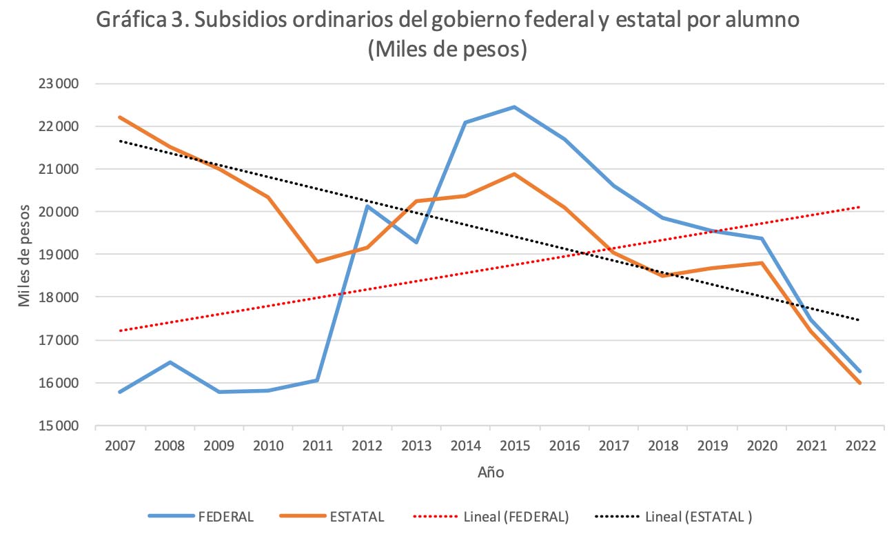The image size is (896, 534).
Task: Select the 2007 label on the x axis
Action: coord(121,446)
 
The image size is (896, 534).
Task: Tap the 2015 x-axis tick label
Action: coord(514,446)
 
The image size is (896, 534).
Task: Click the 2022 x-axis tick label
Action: coord(859,446)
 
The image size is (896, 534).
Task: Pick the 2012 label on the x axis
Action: coord(367,446)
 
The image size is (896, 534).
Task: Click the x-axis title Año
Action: coord(491,473)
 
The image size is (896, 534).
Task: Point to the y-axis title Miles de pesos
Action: coord(25,255)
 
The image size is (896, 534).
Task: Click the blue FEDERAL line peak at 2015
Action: coord(514,107)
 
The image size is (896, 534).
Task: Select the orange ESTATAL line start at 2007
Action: coord(121,117)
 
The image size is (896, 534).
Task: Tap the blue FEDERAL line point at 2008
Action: coord(170,362)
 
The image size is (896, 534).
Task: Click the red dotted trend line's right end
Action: coord(859,207)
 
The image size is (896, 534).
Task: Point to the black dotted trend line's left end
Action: coord(121,141)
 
